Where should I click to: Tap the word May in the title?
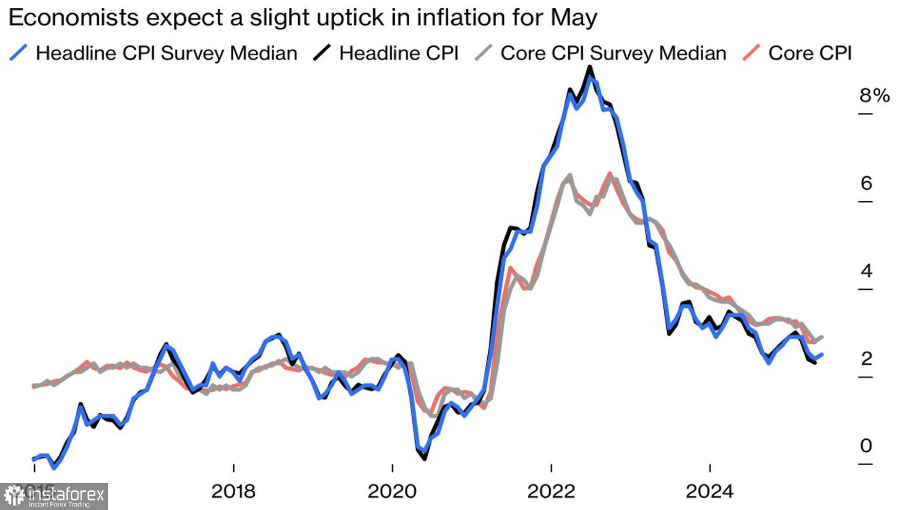pyautogui.click(x=574, y=18)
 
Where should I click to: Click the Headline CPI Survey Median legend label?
pyautogui.click(x=166, y=53)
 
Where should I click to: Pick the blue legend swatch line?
pyautogui.click(x=19, y=53)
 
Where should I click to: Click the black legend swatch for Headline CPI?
pyautogui.click(x=322, y=53)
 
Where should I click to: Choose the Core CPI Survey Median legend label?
pyautogui.click(x=613, y=53)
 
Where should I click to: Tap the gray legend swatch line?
pyautogui.click(x=484, y=53)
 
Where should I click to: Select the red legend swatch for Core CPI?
pyautogui.click(x=751, y=53)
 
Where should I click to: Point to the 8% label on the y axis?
pyautogui.click(x=874, y=95)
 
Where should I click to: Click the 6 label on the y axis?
pyautogui.click(x=866, y=183)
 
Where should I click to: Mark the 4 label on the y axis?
pyautogui.click(x=866, y=271)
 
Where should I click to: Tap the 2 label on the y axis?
pyautogui.click(x=866, y=359)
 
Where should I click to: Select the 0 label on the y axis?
pyautogui.click(x=866, y=446)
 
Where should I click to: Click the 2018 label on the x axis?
pyautogui.click(x=233, y=491)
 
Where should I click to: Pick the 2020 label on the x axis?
pyautogui.click(x=392, y=491)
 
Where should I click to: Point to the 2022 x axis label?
pyautogui.click(x=551, y=491)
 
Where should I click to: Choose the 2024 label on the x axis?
pyautogui.click(x=709, y=491)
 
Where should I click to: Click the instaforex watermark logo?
pyautogui.click(x=54, y=496)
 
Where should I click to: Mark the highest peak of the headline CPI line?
pyautogui.click(x=590, y=67)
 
